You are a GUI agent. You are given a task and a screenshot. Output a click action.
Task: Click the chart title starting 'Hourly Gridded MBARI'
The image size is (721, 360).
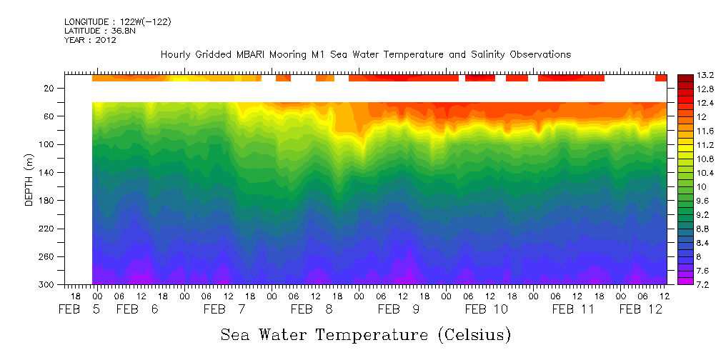point(365,54)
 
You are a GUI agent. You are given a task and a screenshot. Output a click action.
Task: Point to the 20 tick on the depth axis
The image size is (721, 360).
point(49,89)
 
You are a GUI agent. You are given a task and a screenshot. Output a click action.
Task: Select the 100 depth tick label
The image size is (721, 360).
point(47,144)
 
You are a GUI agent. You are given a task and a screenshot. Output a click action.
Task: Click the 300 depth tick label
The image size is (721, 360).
point(47,284)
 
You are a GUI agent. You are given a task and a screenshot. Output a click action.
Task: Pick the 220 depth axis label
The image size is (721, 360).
point(47,229)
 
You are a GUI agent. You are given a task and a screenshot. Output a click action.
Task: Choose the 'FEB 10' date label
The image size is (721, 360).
point(486,309)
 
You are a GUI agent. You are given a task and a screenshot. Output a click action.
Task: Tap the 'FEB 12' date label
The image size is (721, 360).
point(640,309)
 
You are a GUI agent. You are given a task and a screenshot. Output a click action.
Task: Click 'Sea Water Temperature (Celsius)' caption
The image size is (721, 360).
point(365,334)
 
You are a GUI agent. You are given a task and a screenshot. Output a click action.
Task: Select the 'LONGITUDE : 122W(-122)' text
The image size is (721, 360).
point(117,22)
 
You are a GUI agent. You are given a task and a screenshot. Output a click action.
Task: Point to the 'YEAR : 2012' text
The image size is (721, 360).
point(90,40)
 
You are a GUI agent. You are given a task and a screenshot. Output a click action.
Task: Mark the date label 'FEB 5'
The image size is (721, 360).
point(79,309)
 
